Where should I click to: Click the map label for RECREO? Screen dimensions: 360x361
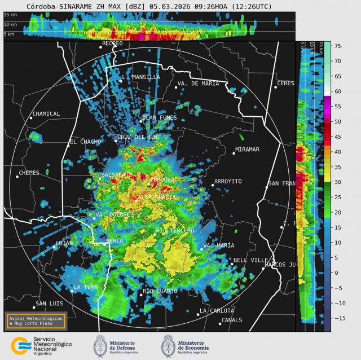click(x=112, y=43)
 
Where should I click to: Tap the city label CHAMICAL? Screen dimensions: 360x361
click(x=46, y=114)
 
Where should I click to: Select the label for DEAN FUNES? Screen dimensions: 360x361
click(x=160, y=118)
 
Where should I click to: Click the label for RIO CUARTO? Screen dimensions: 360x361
click(x=160, y=291)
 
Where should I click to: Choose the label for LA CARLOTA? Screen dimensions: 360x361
click(x=217, y=311)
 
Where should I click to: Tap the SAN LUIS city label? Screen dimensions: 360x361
click(x=49, y=304)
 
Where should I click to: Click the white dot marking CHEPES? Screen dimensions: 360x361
click(x=17, y=177)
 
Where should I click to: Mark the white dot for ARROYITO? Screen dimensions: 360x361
click(x=213, y=185)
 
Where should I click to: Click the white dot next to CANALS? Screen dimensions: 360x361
click(x=221, y=323)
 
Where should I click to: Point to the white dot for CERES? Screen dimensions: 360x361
click(x=276, y=87)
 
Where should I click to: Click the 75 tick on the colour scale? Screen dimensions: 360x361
click(x=336, y=46)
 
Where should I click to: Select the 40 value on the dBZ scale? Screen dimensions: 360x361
click(x=336, y=152)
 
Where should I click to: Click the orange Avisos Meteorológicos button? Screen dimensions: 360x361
click(x=36, y=321)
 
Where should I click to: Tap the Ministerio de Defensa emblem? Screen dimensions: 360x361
click(x=101, y=345)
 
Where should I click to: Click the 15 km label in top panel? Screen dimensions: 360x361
click(x=10, y=14)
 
